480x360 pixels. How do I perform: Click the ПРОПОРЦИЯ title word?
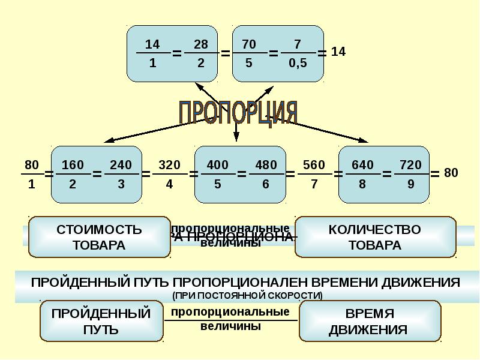pos(238,112)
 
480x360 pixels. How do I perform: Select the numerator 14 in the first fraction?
pos(152,44)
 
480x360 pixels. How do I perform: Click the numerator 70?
pos(249,44)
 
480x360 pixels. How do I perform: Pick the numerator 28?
pos(201,44)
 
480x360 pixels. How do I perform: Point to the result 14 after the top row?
pos(338,52)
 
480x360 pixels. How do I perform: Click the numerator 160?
pos(73,165)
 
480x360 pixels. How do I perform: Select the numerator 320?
pos(169,165)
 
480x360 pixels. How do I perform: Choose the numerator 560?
pos(314,165)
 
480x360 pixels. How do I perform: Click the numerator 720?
pos(410,165)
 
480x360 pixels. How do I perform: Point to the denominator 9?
pos(410,184)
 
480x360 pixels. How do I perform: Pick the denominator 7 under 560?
pos(314,184)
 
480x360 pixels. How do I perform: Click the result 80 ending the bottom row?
pos(451,173)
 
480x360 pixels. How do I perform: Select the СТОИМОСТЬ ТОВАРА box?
pos(99,237)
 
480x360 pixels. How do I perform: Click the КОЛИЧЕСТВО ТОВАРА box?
pos(375,237)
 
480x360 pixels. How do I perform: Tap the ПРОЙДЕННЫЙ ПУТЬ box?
pos(101,321)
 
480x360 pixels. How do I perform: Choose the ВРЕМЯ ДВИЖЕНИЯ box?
pos(369,322)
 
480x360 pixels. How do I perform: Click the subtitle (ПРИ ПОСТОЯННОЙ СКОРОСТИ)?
pos(247,295)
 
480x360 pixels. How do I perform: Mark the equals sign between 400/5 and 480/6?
pos(242,174)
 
